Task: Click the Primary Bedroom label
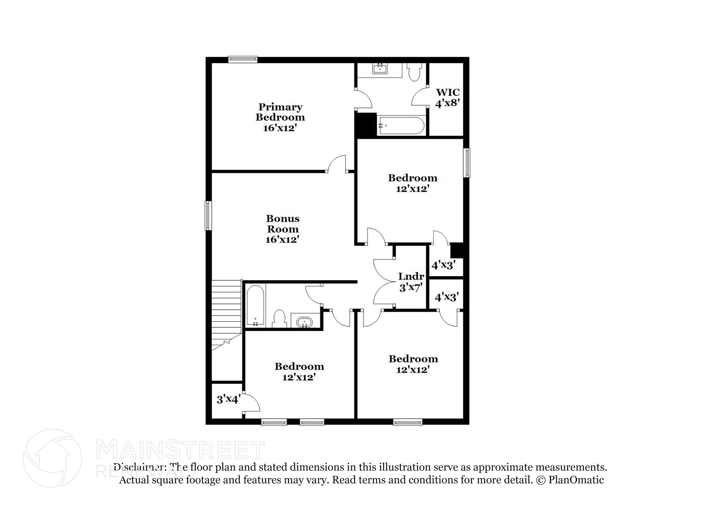click(x=280, y=117)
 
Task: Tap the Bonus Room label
click(x=283, y=228)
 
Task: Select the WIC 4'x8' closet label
click(x=447, y=98)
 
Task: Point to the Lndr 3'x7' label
click(x=411, y=282)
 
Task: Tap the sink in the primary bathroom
click(x=380, y=69)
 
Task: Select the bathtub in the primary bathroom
click(x=401, y=126)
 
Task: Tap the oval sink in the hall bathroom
click(x=304, y=322)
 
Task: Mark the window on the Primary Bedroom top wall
click(x=243, y=59)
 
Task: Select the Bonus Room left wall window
click(x=208, y=215)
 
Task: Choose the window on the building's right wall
click(x=467, y=162)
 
